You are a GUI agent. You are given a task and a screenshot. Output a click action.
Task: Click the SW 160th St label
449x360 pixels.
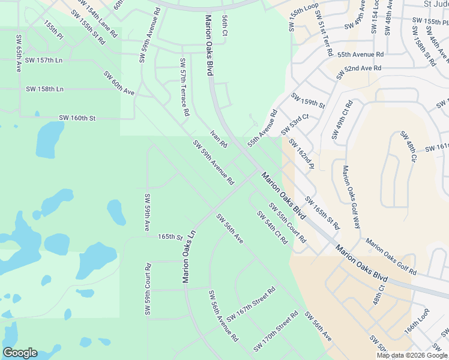point(77,118)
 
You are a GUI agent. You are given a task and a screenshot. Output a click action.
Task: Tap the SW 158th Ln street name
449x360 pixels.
point(44,89)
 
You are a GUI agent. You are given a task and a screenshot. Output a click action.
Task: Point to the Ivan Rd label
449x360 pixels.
point(218,139)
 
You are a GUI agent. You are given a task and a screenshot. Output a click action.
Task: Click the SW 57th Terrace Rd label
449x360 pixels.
point(184,87)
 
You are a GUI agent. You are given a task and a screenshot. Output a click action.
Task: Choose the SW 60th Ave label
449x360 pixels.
point(119,83)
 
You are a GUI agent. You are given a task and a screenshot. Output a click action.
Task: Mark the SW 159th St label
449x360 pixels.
point(308,101)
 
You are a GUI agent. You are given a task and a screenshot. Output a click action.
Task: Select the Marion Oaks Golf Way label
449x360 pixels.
point(351,197)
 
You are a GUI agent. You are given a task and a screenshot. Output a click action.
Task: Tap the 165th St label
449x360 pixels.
point(170,238)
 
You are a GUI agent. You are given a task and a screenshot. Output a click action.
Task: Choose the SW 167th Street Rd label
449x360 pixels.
point(250,304)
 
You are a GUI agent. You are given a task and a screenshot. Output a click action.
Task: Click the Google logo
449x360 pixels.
point(20,353)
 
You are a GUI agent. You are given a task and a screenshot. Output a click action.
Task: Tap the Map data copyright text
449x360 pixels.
point(412,355)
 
